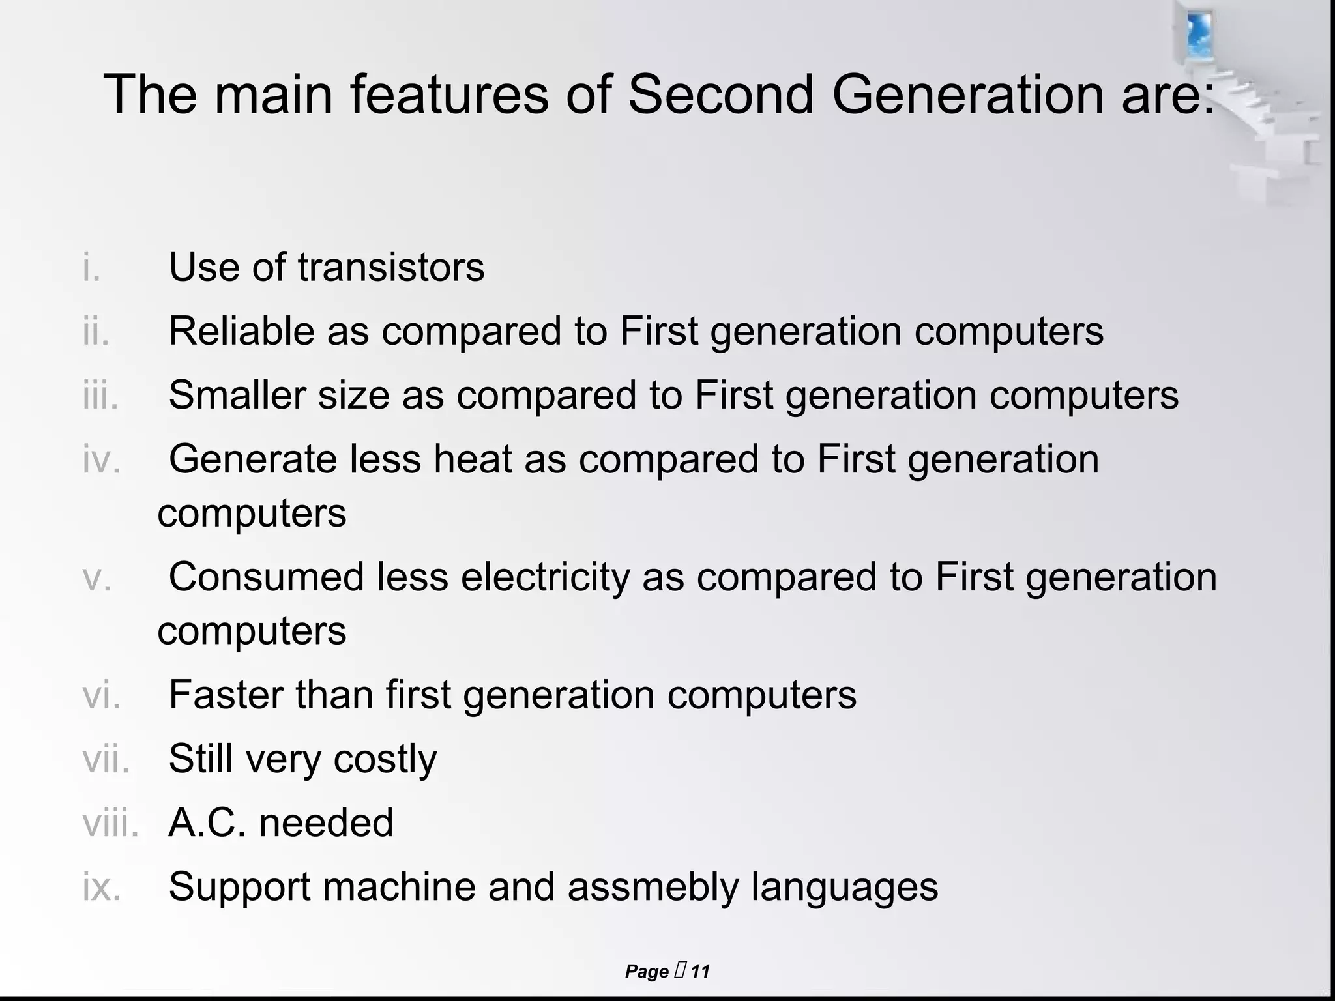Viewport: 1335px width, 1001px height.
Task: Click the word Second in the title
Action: click(x=720, y=94)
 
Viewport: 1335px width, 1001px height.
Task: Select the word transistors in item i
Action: click(x=391, y=267)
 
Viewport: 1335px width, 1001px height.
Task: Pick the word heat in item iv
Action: click(x=473, y=459)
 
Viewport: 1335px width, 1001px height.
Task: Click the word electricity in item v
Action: click(x=545, y=577)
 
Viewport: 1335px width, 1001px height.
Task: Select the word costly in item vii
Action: click(x=385, y=759)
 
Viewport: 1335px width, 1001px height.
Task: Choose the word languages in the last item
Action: click(x=844, y=887)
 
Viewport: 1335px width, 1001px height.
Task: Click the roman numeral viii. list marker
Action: click(x=110, y=822)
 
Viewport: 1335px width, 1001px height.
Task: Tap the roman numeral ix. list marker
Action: click(x=102, y=887)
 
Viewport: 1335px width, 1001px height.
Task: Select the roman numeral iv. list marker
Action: click(x=102, y=459)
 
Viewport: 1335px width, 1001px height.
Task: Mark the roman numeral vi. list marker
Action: click(x=102, y=695)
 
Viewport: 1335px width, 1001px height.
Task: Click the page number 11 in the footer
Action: click(x=700, y=972)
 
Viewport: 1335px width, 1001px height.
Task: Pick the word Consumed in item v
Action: click(x=267, y=577)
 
